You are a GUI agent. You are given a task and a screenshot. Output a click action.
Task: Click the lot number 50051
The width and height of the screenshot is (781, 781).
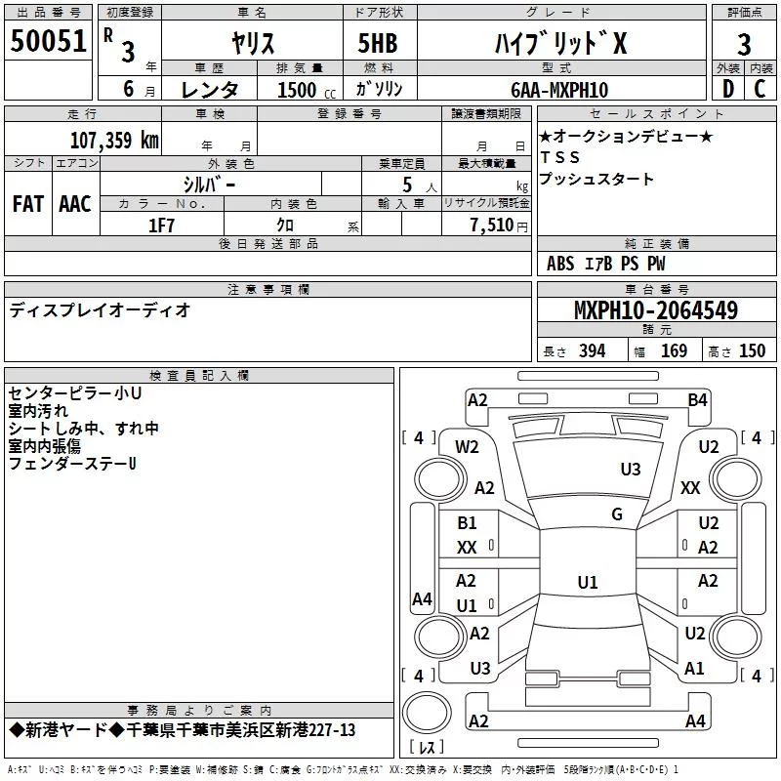click(49, 45)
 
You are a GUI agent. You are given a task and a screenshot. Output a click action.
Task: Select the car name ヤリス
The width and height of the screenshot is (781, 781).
click(251, 44)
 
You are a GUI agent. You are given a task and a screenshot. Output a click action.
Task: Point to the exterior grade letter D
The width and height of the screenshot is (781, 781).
click(727, 90)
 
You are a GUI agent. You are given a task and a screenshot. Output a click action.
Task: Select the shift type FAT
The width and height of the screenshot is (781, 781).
click(27, 204)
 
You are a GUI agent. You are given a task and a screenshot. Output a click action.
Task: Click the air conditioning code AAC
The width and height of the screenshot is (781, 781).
click(75, 204)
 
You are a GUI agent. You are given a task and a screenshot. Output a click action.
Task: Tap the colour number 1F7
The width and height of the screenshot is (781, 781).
click(161, 225)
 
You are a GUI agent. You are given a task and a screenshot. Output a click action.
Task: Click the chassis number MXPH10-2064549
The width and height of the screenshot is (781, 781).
click(655, 310)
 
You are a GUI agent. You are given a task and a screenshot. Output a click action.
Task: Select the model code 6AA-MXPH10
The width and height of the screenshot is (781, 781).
click(559, 90)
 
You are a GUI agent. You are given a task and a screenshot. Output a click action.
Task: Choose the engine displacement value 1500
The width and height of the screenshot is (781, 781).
click(297, 90)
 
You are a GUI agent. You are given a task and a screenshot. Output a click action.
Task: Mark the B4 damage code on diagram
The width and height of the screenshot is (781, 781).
click(697, 399)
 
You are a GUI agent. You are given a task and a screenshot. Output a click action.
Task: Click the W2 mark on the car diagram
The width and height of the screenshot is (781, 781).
click(468, 447)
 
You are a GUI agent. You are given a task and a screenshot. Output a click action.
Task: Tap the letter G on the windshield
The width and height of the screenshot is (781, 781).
click(616, 514)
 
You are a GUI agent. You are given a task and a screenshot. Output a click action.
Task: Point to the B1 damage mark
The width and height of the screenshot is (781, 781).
click(468, 523)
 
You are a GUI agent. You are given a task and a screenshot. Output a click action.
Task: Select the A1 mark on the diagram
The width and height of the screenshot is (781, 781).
click(695, 669)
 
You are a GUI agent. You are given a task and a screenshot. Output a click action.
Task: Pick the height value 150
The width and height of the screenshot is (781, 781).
click(752, 351)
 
